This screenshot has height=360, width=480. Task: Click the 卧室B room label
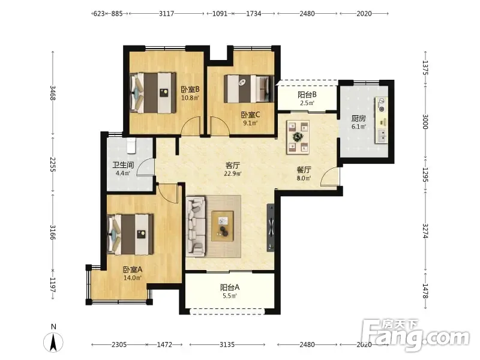tap(190, 89)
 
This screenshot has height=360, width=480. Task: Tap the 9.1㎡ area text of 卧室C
tap(250, 123)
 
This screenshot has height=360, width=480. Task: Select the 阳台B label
tap(307, 95)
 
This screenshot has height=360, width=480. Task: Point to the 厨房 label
tap(358, 118)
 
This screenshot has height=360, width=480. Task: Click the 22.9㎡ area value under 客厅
tap(233, 173)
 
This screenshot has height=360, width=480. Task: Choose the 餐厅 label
tap(304, 170)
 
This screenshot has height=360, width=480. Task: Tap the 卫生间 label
tap(123, 166)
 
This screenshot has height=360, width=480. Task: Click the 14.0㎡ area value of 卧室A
tap(132, 278)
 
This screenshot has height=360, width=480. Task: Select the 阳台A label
tap(230, 287)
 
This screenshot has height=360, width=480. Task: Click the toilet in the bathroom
tap(131, 145)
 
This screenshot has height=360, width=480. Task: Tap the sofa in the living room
tap(196, 226)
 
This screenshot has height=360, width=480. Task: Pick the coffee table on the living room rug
tap(223, 226)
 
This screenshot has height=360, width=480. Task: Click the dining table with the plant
tap(298, 137)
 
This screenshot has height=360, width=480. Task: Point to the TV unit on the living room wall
tap(271, 227)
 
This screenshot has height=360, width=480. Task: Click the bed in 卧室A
tap(130, 234)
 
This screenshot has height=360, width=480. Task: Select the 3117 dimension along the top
tap(167, 13)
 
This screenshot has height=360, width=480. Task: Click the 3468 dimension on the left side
tap(53, 93)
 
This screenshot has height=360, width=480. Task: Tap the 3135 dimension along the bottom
tap(227, 344)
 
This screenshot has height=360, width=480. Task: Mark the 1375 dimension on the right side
tap(425, 68)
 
